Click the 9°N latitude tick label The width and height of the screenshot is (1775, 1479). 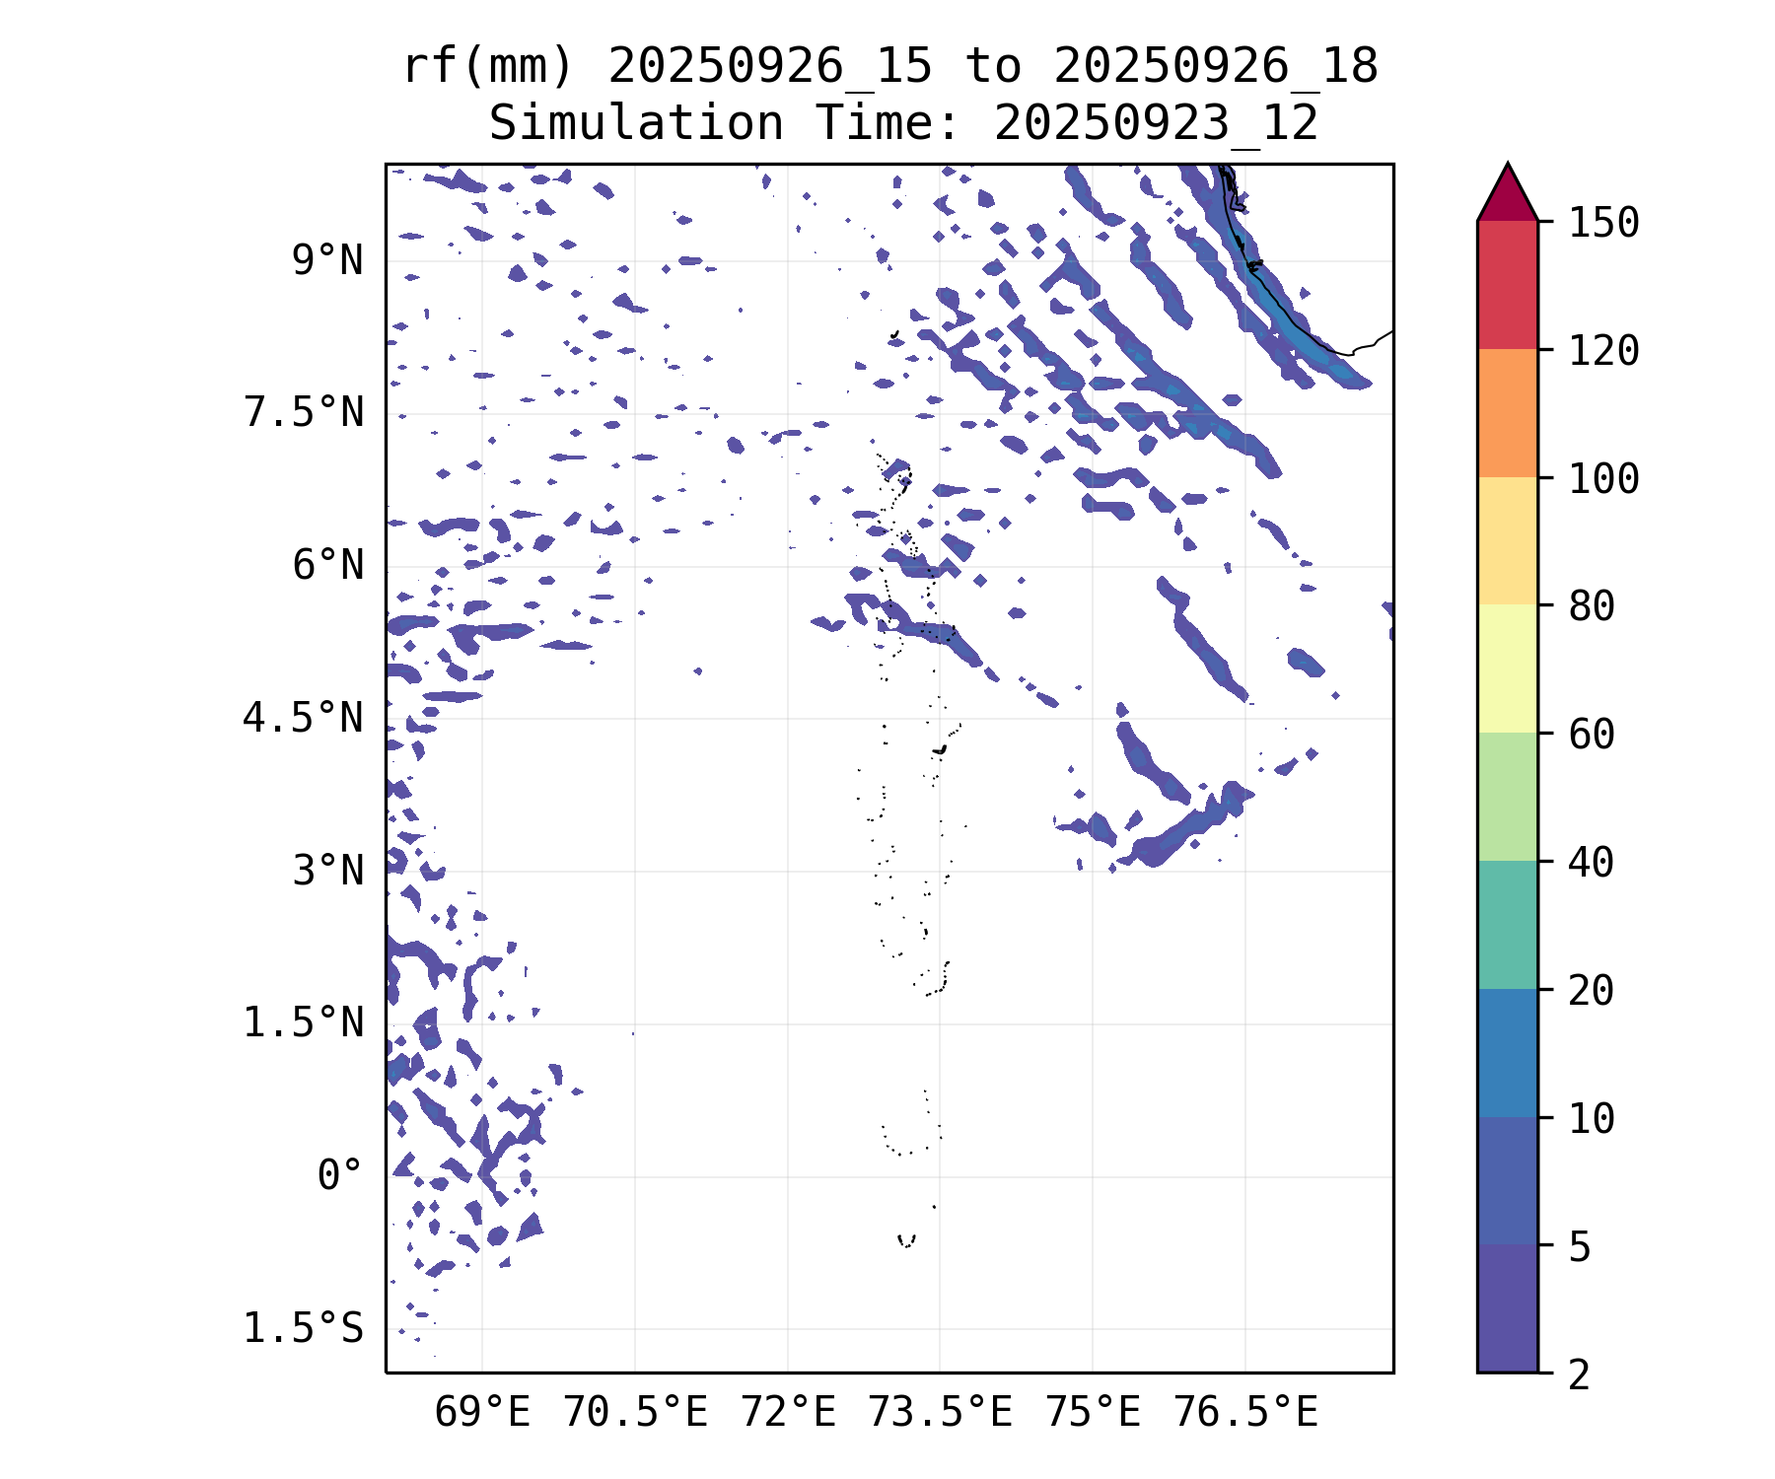click(x=327, y=261)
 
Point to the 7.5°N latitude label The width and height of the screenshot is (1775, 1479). click(x=304, y=413)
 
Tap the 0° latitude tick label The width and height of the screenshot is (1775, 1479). click(x=340, y=1175)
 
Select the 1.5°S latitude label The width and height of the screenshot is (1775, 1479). click(x=304, y=1328)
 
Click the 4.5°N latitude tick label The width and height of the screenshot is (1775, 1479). click(x=304, y=718)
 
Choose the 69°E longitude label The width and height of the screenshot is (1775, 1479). click(x=482, y=1413)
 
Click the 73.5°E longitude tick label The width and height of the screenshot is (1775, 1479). click(x=940, y=1413)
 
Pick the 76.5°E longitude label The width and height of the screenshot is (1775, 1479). click(x=1244, y=1413)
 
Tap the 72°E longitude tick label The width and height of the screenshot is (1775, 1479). click(x=788, y=1413)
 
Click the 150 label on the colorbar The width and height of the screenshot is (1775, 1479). click(x=1603, y=223)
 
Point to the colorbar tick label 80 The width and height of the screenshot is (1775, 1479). click(x=1592, y=606)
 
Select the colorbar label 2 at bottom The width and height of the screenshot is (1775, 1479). click(x=1580, y=1374)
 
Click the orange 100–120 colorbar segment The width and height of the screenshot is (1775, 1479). click(x=1507, y=413)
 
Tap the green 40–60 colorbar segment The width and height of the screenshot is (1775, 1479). click(x=1507, y=797)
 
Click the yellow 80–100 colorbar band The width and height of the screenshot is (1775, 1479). click(x=1507, y=540)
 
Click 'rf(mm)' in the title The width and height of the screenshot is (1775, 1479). click(x=488, y=67)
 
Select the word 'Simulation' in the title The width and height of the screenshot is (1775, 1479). click(x=636, y=124)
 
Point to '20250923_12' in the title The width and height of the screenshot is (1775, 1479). click(x=1156, y=124)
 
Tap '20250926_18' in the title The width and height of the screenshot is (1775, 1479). click(x=1215, y=67)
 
